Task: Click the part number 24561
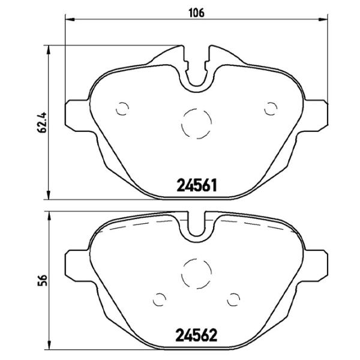click(196, 184)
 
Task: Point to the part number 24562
click(196, 334)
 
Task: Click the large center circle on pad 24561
click(196, 123)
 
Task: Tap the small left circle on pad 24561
click(122, 108)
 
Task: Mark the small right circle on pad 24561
click(271, 108)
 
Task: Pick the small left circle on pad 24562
click(160, 298)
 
